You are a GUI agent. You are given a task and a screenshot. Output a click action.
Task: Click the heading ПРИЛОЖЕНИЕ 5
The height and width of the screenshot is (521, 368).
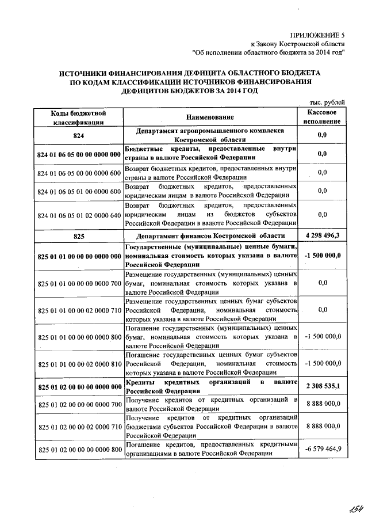click(318, 35)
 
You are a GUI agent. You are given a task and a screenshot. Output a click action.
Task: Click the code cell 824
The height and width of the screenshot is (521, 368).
click(78, 135)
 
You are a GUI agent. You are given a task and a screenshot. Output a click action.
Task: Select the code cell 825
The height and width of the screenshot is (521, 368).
click(78, 237)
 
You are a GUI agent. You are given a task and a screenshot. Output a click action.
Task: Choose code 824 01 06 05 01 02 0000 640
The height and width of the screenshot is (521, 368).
click(79, 215)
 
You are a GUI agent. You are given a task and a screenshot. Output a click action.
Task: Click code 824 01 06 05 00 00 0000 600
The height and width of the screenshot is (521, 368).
click(79, 173)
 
